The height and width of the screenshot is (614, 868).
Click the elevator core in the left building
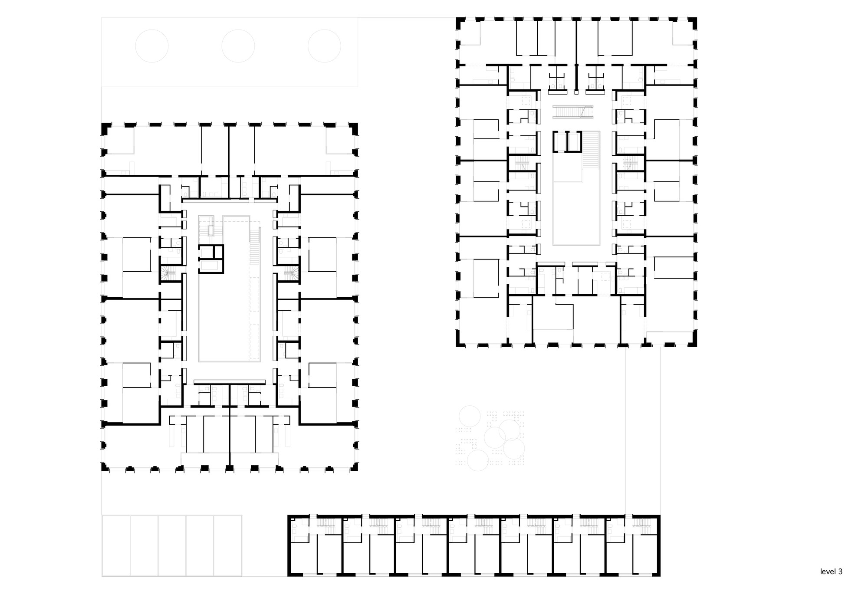tap(211, 259)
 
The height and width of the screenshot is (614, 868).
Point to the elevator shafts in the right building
tap(567, 142)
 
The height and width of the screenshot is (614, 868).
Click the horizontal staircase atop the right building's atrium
tap(573, 112)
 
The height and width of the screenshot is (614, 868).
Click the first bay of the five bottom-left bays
tap(116, 545)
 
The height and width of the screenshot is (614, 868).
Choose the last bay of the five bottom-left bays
tap(228, 545)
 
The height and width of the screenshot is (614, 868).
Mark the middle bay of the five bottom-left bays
tap(172, 545)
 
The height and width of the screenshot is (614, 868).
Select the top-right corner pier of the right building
tap(693, 23)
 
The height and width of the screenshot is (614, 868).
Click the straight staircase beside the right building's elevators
tap(591, 150)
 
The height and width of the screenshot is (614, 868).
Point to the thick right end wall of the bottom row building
tap(658, 545)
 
